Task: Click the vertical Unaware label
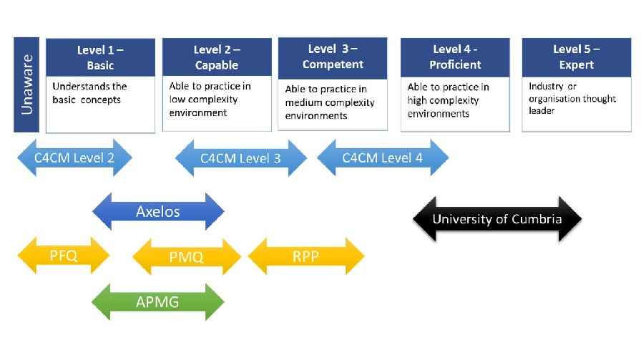pyautogui.click(x=27, y=85)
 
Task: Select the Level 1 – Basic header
pyautogui.click(x=100, y=57)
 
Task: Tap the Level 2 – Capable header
pyautogui.click(x=217, y=57)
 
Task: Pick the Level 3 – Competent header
pyautogui.click(x=332, y=57)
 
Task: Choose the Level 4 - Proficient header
pyautogui.click(x=455, y=57)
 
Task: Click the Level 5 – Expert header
pyautogui.click(x=576, y=57)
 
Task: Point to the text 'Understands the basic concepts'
pyautogui.click(x=89, y=93)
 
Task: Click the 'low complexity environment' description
pyautogui.click(x=210, y=99)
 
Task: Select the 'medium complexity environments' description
pyautogui.click(x=330, y=102)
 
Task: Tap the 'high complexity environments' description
pyautogui.click(x=449, y=100)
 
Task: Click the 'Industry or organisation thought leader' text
pyautogui.click(x=572, y=99)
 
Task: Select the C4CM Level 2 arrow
pyautogui.click(x=75, y=157)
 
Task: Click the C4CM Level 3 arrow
pyautogui.click(x=240, y=158)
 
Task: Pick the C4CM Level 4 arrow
pyautogui.click(x=383, y=157)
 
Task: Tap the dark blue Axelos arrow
pyautogui.click(x=158, y=211)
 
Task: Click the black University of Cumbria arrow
pyautogui.click(x=497, y=219)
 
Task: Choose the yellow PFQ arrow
pyautogui.click(x=63, y=256)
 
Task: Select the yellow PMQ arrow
pyautogui.click(x=187, y=256)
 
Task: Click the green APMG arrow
pyautogui.click(x=158, y=301)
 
